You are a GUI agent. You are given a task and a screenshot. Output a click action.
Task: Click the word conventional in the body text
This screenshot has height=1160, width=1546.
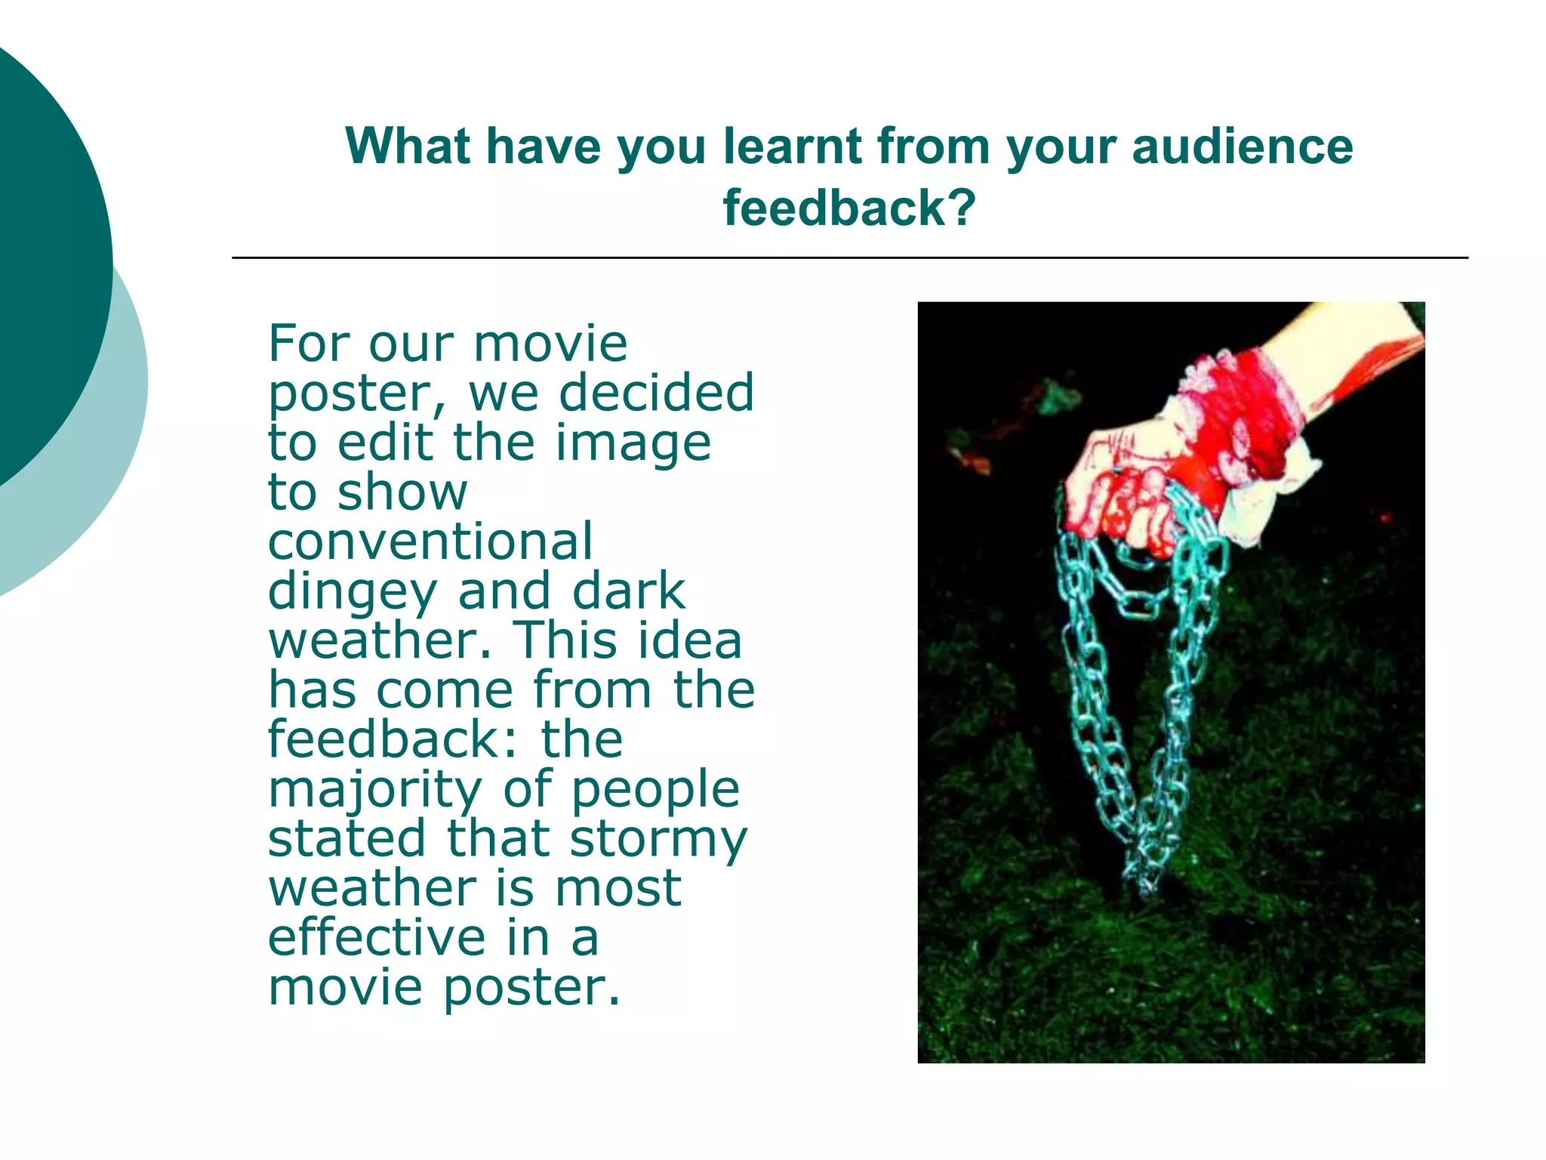430,541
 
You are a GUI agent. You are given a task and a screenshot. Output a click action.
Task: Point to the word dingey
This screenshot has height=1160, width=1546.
352,592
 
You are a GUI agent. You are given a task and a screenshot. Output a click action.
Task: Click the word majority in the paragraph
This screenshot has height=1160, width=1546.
374,790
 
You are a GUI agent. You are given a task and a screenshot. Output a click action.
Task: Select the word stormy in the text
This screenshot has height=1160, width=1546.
658,839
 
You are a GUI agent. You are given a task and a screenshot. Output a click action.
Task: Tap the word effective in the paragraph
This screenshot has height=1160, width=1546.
377,937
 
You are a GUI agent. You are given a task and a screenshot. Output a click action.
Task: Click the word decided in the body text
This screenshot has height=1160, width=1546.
656,393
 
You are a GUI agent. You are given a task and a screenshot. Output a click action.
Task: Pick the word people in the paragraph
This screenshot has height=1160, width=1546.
655,790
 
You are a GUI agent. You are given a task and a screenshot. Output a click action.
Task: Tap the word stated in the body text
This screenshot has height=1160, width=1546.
346,838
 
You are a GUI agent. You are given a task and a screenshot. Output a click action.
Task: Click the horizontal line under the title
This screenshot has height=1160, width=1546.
849,258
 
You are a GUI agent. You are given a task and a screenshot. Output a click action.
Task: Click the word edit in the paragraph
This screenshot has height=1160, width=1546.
385,443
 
